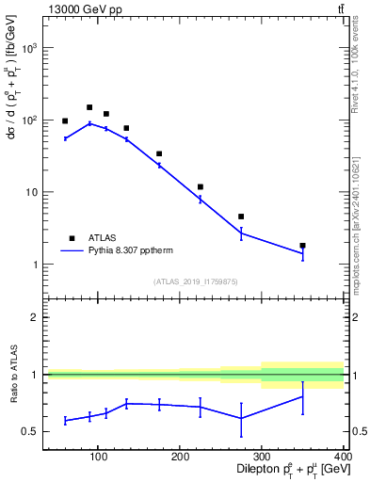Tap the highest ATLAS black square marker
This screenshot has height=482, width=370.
[x=89, y=107]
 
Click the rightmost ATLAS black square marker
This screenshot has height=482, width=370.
[x=302, y=246]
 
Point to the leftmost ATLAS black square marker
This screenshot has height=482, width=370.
[x=65, y=121]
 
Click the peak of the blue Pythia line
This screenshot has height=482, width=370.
[x=89, y=123]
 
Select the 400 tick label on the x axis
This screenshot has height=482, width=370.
[x=343, y=458]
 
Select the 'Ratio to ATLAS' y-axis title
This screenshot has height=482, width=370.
[x=12, y=374]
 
